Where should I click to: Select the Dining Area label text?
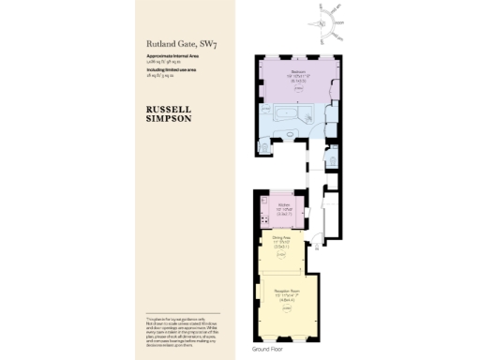tap(280, 237)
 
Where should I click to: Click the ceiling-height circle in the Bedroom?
tap(296, 88)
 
